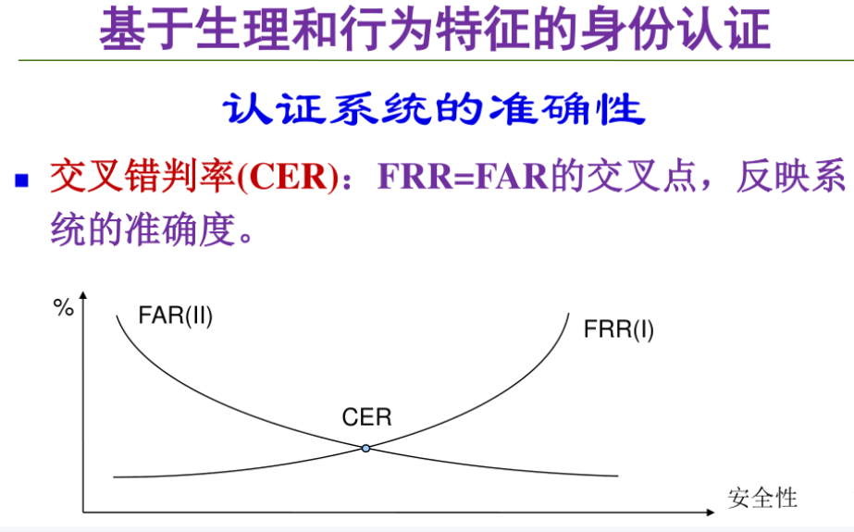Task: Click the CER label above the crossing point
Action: pos(366,417)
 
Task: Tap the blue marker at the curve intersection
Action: pos(365,449)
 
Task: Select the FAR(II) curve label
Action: pos(176,315)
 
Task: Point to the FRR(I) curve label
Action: pos(619,328)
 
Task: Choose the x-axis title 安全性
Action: pos(762,497)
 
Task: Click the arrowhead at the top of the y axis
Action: pos(84,295)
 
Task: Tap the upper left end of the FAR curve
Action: pos(118,316)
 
